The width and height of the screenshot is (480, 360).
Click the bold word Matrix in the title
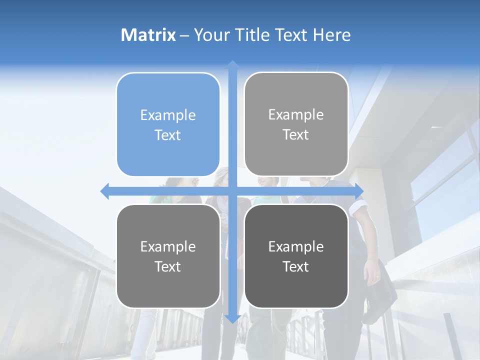[148, 35]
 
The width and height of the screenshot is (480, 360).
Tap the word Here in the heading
[331, 35]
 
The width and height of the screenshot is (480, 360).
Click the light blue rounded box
[168, 124]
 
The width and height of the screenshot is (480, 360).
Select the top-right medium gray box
[296, 124]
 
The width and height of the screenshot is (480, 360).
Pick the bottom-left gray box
[168, 256]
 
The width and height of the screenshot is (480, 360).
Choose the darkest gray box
[296, 256]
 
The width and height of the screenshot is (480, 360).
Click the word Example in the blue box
[168, 115]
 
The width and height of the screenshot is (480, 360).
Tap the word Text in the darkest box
[296, 266]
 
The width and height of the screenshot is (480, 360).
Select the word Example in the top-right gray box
[296, 114]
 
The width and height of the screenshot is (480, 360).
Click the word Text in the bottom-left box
[168, 266]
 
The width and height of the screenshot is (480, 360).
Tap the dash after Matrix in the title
[184, 35]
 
